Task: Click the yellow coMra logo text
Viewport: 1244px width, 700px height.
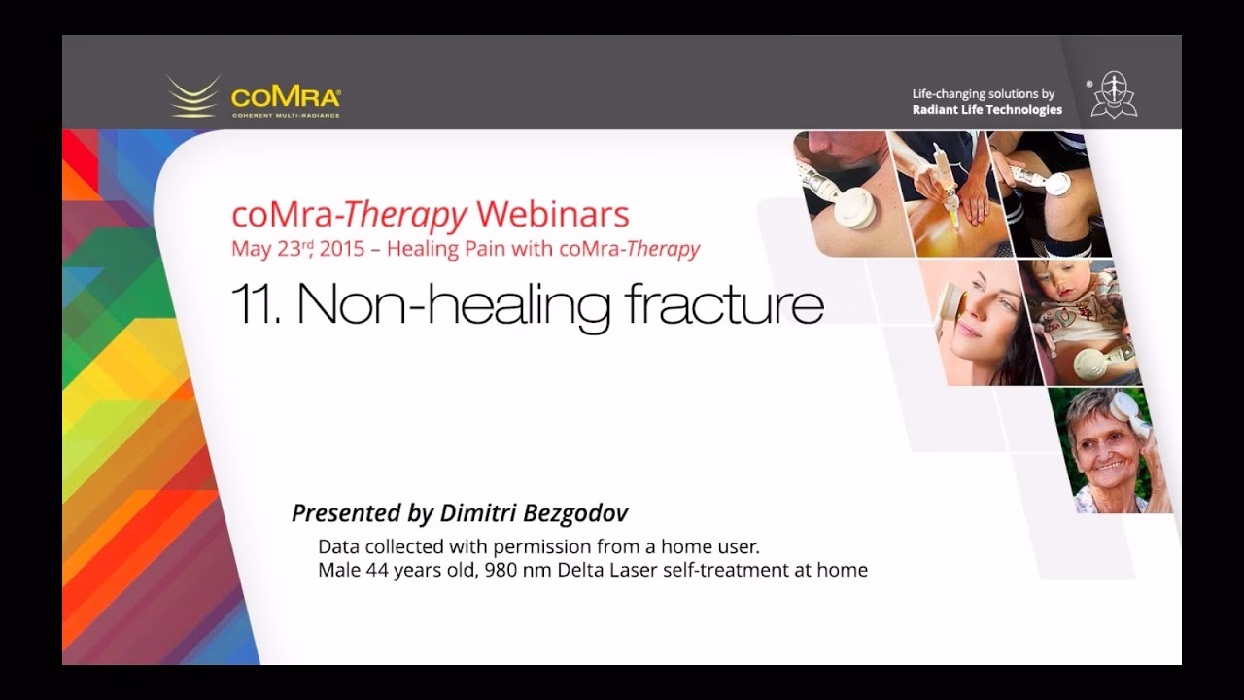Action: [x=286, y=98]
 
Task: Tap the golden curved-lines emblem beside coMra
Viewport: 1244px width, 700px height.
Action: [x=193, y=95]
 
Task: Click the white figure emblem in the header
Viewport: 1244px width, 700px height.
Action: [x=1114, y=94]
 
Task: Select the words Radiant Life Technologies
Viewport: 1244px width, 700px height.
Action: [x=986, y=110]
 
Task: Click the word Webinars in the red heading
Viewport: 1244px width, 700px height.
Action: [x=553, y=214]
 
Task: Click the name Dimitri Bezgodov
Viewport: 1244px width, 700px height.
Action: [x=534, y=512]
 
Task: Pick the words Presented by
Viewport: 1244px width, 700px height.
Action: [x=363, y=513]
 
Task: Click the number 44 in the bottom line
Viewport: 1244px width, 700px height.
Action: [x=376, y=570]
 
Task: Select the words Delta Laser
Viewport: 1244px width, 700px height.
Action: [x=607, y=570]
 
